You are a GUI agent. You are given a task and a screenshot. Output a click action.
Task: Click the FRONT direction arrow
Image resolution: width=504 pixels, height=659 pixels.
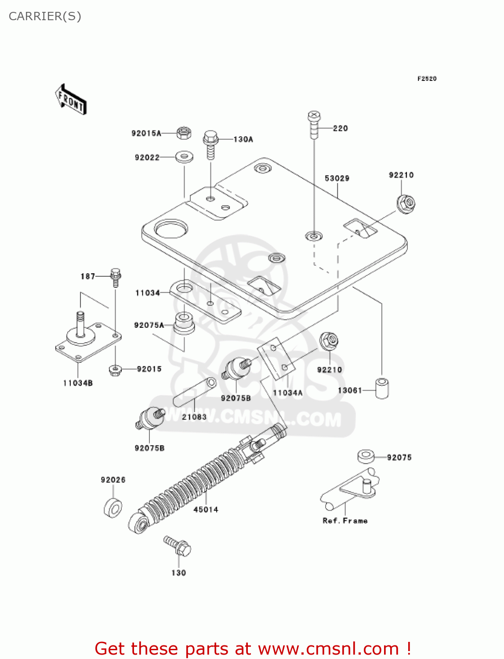71,100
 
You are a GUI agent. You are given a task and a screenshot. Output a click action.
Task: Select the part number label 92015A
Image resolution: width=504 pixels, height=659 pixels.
146,133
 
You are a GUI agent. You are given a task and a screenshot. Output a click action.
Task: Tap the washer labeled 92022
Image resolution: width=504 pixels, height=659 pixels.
185,156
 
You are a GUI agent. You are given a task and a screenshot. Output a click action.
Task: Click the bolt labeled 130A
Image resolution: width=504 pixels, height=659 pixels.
211,144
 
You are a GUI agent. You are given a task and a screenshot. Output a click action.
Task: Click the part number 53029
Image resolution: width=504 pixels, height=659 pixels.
337,178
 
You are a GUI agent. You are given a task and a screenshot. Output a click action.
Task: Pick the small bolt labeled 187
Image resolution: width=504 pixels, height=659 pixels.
116,277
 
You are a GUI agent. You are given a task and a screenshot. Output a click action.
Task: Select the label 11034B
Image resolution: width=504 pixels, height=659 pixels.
78,383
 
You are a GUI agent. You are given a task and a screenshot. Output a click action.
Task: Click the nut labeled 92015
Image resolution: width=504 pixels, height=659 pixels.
115,370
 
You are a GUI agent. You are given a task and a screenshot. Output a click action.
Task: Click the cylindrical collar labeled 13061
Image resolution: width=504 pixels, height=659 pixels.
382,387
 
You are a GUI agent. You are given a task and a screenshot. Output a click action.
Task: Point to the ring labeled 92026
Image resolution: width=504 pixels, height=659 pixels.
113,508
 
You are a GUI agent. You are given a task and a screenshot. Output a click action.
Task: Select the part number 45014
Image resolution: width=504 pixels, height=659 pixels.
206,510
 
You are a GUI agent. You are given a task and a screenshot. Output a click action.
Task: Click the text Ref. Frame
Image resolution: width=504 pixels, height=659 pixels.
345,521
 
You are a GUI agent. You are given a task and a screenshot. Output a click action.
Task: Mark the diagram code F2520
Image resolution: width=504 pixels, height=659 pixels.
427,79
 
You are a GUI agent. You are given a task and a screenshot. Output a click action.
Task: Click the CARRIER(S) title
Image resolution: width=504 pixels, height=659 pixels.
45,16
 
